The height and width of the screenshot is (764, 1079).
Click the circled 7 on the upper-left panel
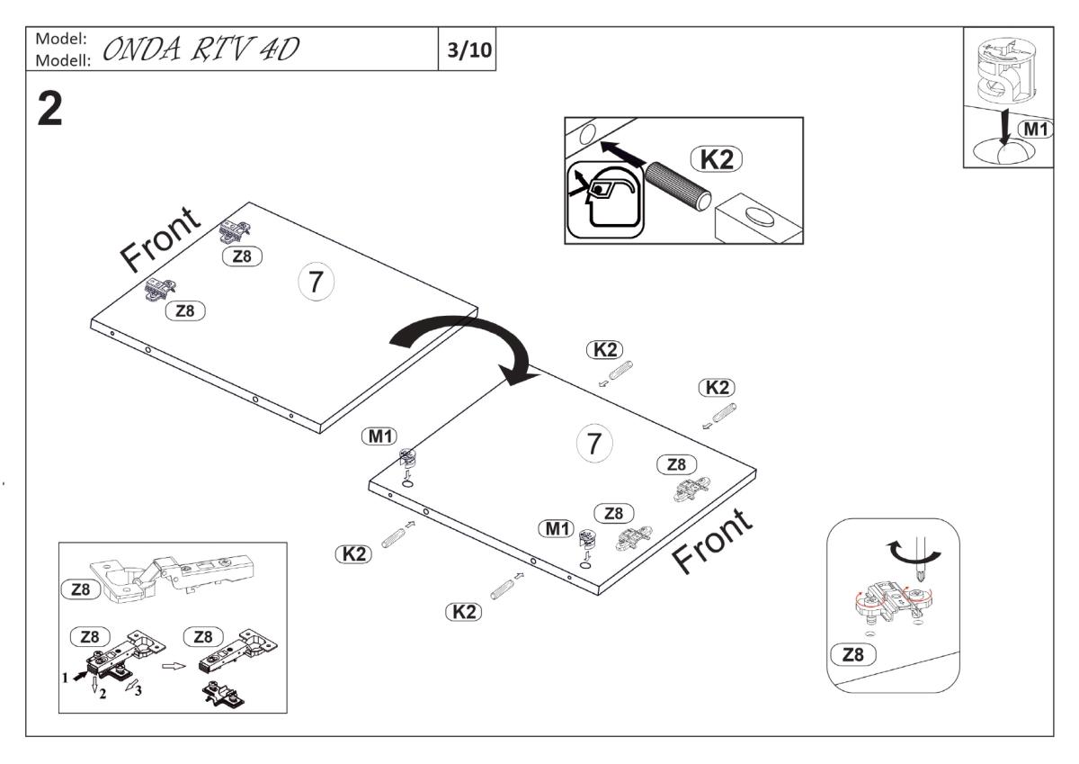point(315,283)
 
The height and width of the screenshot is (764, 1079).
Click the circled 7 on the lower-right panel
point(593,443)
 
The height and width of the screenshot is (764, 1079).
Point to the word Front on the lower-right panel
point(712,541)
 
